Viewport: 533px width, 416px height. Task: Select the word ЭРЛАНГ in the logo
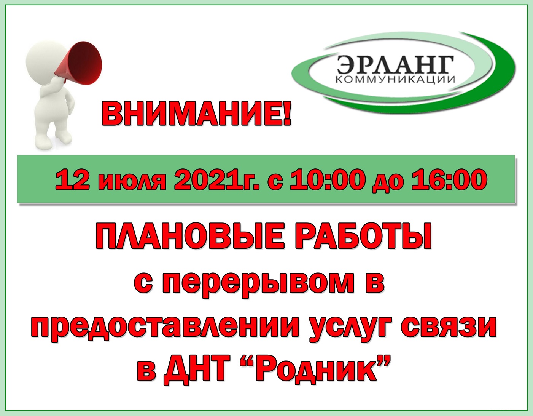tap(395, 65)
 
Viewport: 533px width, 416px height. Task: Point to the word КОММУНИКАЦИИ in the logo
tap(395, 80)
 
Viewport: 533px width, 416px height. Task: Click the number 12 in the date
tap(72, 181)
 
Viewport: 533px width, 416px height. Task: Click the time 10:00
tap(326, 181)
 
